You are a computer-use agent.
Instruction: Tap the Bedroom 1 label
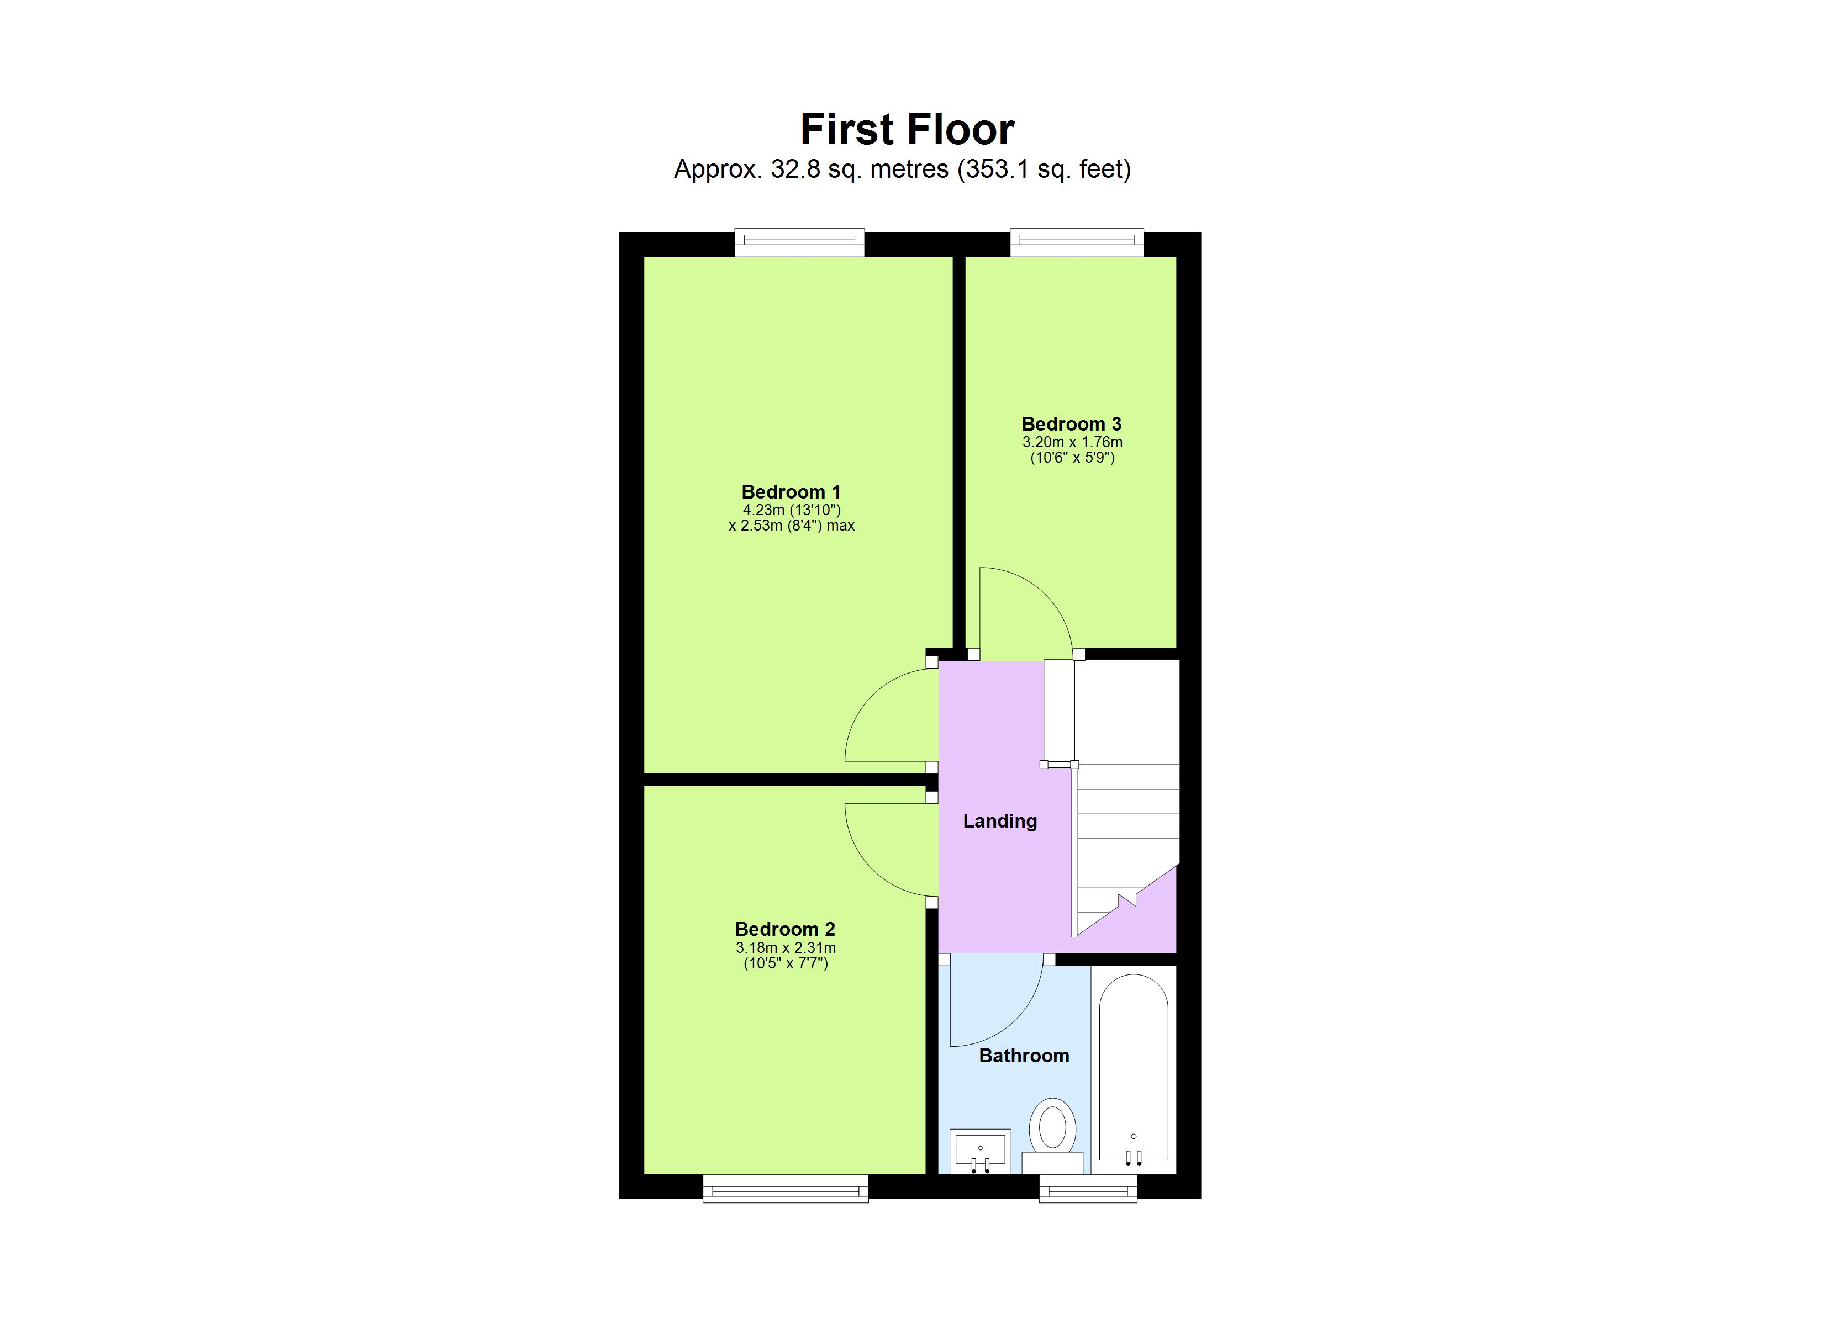[791, 492]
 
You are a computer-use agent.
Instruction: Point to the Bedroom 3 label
[1072, 423]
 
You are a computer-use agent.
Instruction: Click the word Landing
[1000, 820]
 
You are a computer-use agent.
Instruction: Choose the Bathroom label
[1024, 1055]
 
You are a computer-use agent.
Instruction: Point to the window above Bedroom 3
[1076, 243]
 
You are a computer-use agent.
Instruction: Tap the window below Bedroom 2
[786, 1189]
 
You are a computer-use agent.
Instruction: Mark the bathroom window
[1088, 1189]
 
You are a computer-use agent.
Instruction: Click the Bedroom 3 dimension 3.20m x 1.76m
[1072, 442]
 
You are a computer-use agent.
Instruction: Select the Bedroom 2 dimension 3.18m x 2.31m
[786, 947]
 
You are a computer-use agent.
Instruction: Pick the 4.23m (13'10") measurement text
[791, 510]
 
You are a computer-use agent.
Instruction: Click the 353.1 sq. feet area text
[1044, 169]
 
